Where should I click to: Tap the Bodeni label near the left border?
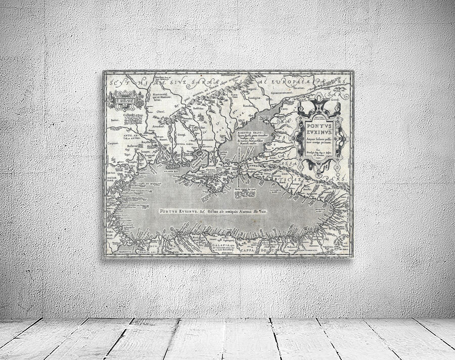[x=115, y=120]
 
